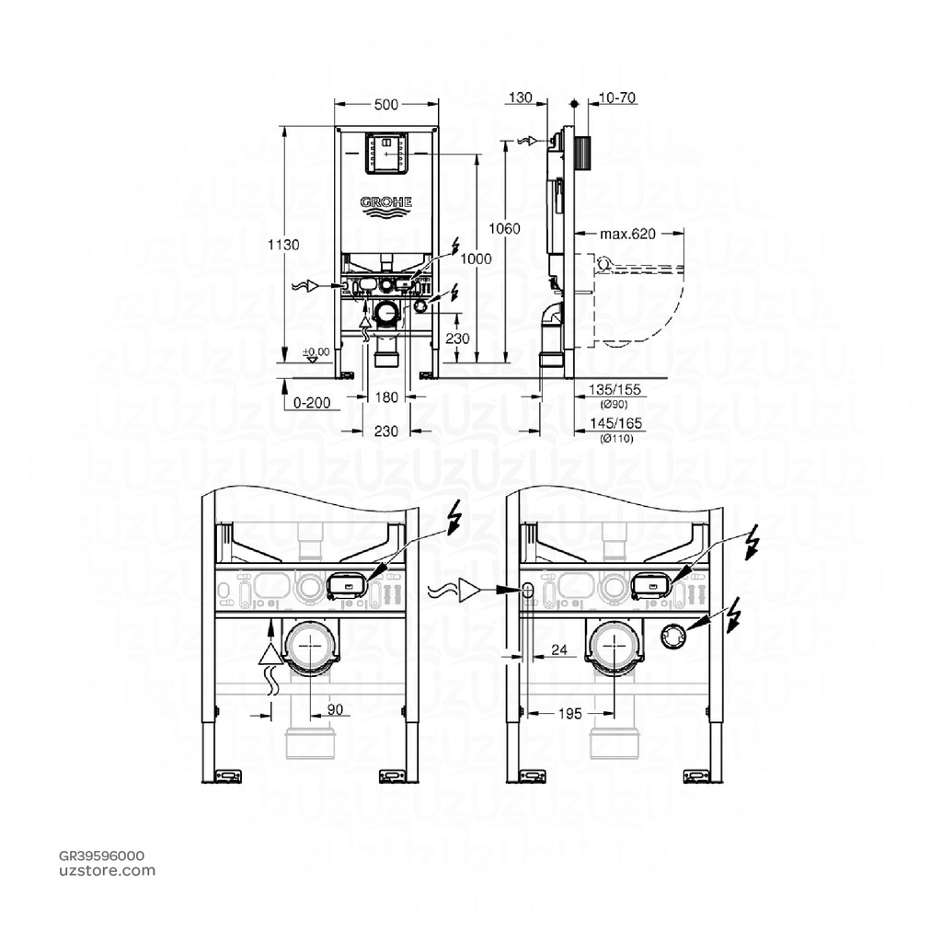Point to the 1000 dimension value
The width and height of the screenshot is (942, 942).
tap(476, 258)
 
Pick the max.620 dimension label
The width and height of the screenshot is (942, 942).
tap(627, 235)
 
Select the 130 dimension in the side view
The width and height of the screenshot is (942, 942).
tap(520, 97)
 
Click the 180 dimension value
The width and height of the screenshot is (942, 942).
tap(387, 396)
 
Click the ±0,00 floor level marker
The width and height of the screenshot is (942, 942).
tap(316, 352)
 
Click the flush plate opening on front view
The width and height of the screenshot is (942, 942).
tap(386, 153)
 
